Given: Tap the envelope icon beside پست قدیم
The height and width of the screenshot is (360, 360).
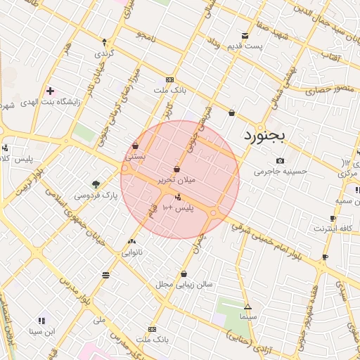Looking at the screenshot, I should coord(245,35).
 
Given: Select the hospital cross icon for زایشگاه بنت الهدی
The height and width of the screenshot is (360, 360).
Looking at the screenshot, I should coord(50,91).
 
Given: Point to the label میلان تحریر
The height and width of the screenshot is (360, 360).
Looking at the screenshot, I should coord(176,180).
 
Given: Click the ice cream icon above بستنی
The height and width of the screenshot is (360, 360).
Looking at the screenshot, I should coord(134,146).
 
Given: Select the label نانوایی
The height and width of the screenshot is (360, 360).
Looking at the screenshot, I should coord(131,251).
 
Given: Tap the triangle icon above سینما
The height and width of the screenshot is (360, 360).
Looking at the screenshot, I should coord(247,307).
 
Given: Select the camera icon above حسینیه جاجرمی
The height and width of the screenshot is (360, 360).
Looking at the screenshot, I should coord(280,160).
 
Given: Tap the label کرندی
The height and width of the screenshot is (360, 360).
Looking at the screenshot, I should coord(103,53).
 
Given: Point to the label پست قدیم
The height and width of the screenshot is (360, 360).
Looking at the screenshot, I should coord(244,46).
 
